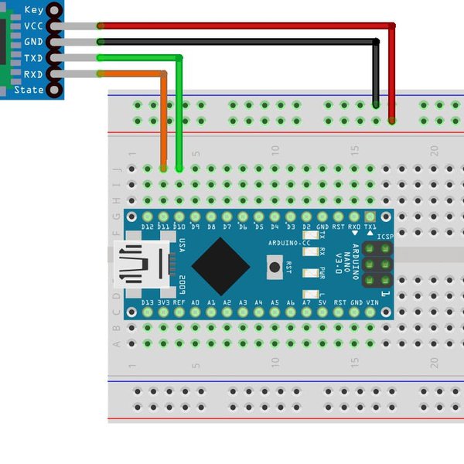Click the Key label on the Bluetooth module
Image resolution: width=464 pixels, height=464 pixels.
(33, 10)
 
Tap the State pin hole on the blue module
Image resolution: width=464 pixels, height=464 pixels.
(54, 90)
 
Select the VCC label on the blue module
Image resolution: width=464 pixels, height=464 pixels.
(33, 26)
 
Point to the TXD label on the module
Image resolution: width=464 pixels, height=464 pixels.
(33, 58)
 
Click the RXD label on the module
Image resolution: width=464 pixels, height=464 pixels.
(33, 74)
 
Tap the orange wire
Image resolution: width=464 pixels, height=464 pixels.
(163, 116)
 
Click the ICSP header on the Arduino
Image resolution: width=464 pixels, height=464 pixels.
(377, 265)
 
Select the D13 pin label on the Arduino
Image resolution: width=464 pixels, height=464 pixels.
(148, 302)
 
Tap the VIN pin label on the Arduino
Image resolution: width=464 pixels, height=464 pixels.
(371, 302)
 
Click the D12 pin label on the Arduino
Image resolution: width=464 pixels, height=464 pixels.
(148, 227)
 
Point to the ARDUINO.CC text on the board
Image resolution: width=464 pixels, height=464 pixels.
(289, 243)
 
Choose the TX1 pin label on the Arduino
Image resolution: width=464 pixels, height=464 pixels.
(371, 227)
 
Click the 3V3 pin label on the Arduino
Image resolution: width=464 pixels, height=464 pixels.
(164, 302)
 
